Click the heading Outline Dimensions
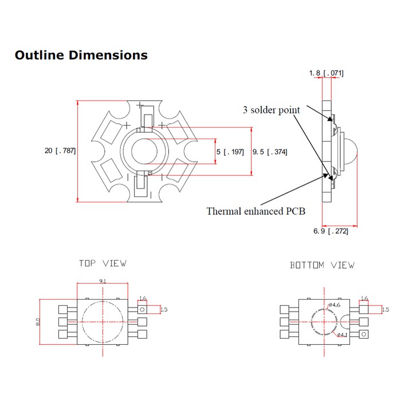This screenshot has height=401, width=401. click(81, 56)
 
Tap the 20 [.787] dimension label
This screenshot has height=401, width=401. click(60, 151)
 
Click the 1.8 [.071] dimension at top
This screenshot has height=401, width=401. click(326, 73)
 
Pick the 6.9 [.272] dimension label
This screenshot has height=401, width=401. click(331, 231)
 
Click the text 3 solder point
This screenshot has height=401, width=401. click(271, 110)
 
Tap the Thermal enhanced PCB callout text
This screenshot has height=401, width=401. click(255, 211)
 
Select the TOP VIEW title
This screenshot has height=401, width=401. click(103, 264)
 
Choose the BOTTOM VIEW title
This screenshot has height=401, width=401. click(322, 265)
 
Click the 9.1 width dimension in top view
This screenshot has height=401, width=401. click(102, 281)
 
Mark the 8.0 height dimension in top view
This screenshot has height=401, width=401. click(38, 322)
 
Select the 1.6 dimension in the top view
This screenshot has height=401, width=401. click(143, 298)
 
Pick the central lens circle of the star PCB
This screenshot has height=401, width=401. click(144, 151)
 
